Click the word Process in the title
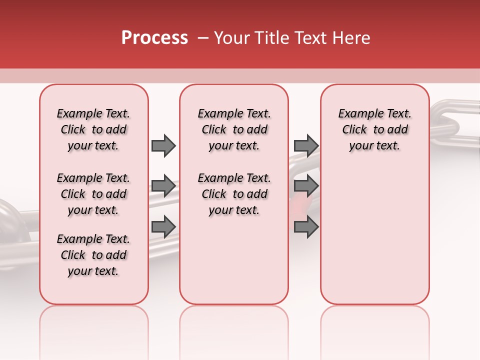tap(154, 38)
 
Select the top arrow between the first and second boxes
tap(163, 145)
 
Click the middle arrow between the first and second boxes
tap(163, 186)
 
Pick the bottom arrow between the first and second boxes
tap(163, 226)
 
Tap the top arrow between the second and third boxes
tap(306, 145)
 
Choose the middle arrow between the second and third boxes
tap(306, 186)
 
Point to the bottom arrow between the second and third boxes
tap(306, 226)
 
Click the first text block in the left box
tap(93, 129)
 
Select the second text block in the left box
tap(93, 194)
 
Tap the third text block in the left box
tap(93, 255)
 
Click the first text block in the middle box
tap(234, 129)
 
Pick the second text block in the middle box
tap(234, 194)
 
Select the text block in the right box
tap(375, 129)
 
